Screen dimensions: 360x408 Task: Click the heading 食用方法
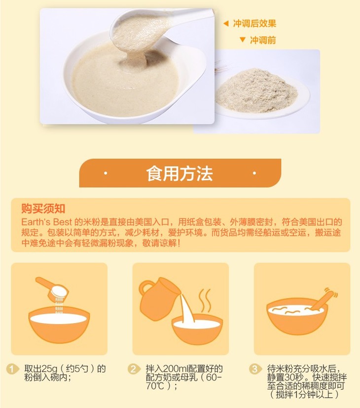(x=180, y=173)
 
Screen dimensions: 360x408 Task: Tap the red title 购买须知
(x=43, y=208)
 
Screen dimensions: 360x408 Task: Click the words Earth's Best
(x=46, y=222)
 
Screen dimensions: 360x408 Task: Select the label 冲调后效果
(x=254, y=24)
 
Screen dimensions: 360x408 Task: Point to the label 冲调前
(x=263, y=40)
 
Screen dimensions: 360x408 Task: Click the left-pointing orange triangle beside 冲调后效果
(x=226, y=24)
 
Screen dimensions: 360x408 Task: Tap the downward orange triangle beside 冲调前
(x=243, y=39)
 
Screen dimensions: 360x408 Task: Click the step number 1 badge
(x=12, y=369)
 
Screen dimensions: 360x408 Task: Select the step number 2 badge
(x=134, y=369)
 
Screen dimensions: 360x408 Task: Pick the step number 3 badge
(x=255, y=369)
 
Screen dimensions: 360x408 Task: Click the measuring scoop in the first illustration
(x=52, y=288)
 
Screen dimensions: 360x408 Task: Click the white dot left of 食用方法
(x=106, y=173)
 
